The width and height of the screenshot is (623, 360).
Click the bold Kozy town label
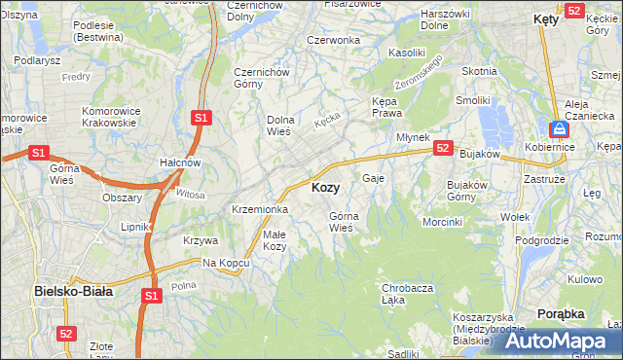[x=325, y=187]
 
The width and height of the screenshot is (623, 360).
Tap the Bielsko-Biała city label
[x=73, y=290]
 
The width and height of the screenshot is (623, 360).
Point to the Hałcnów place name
[x=180, y=162]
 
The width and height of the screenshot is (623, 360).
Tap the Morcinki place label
[x=442, y=222]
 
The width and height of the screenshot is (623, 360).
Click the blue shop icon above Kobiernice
[x=559, y=128]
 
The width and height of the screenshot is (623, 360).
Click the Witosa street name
[x=191, y=195]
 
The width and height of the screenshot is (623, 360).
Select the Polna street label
[x=184, y=285]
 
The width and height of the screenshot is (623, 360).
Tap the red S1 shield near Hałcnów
[x=201, y=118]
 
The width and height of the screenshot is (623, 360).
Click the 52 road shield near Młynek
[x=443, y=148]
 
